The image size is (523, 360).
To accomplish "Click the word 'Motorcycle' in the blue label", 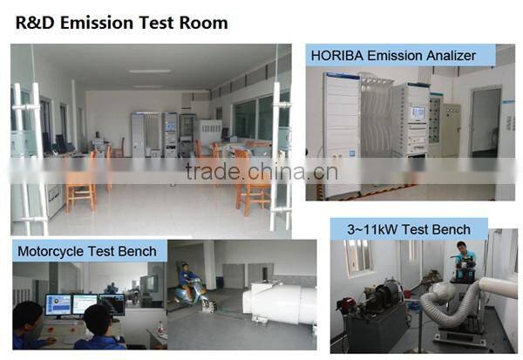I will click(54, 251).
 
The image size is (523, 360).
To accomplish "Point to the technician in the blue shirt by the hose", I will click(465, 262).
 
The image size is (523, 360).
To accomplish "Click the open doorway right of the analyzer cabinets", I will click(485, 122).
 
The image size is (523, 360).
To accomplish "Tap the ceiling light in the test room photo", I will click(150, 71).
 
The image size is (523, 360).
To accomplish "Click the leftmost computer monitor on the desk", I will click(60, 304).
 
